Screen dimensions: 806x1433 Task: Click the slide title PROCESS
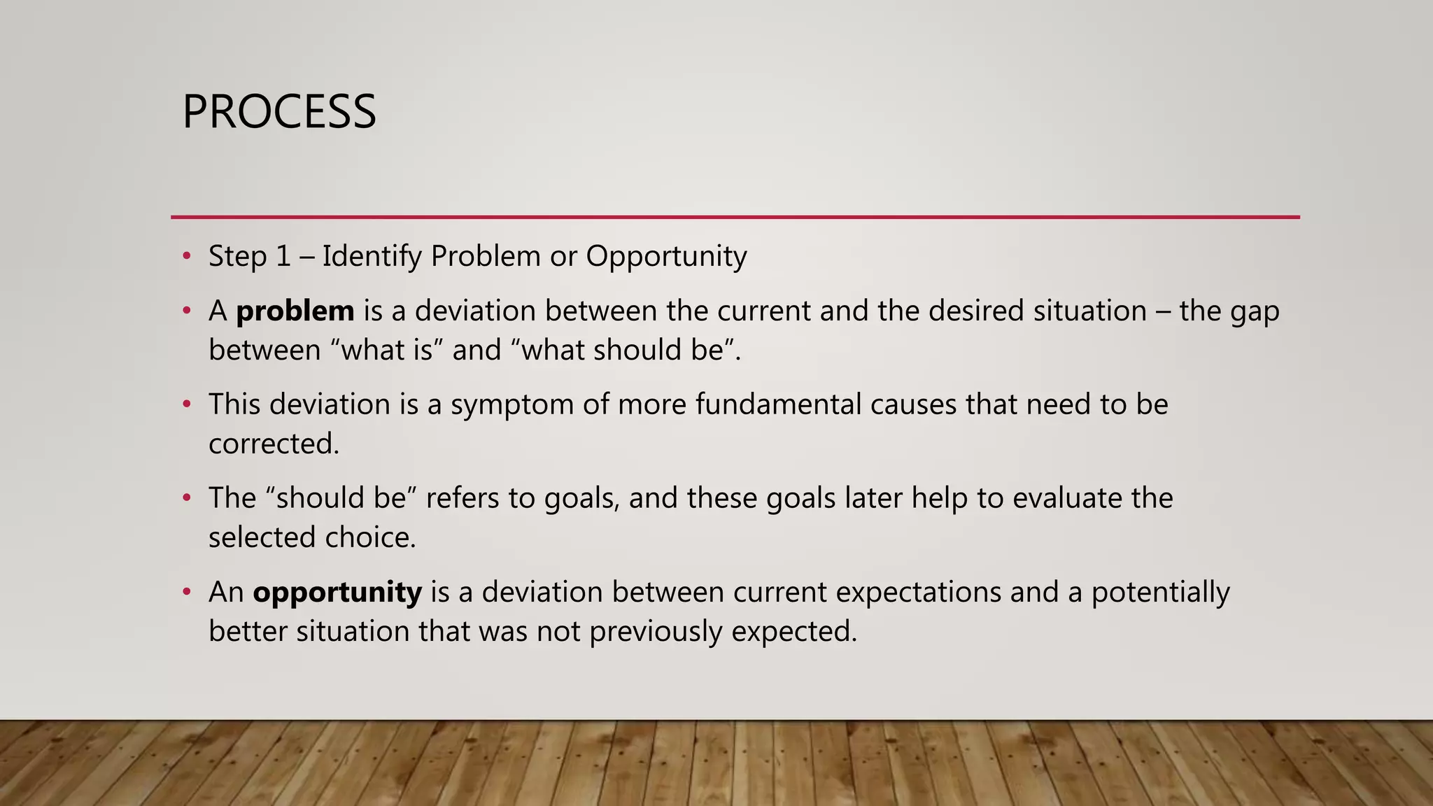pyautogui.click(x=278, y=112)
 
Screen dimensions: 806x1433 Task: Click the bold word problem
pyautogui.click(x=295, y=311)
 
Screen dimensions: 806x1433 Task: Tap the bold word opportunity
pyautogui.click(x=337, y=593)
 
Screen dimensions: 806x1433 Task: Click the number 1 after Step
pyautogui.click(x=283, y=257)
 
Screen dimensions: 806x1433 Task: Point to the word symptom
pyautogui.click(x=511, y=405)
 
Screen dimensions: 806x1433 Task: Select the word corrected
pyautogui.click(x=274, y=444)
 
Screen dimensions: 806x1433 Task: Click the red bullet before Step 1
pyautogui.click(x=186, y=257)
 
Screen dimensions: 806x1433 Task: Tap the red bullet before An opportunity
pyautogui.click(x=186, y=593)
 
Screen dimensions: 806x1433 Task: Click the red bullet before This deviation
pyautogui.click(x=186, y=405)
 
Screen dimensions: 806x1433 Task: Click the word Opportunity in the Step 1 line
pyautogui.click(x=666, y=257)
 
